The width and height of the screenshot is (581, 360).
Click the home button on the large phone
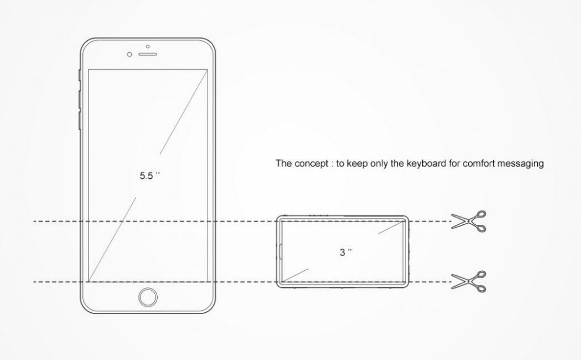(x=148, y=297)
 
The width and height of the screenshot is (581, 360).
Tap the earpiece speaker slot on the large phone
(x=148, y=54)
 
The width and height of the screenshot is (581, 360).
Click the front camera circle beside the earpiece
(x=129, y=55)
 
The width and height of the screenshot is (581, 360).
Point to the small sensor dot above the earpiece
(x=148, y=47)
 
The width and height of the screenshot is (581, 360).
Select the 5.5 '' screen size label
(x=150, y=175)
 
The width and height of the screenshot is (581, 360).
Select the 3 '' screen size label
(x=346, y=252)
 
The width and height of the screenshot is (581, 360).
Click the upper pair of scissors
(x=468, y=221)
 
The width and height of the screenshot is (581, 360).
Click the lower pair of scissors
(x=468, y=282)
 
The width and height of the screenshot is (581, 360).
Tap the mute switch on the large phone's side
(x=79, y=75)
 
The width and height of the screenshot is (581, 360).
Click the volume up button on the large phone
(x=79, y=99)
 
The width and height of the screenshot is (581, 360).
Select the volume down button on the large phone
(x=79, y=120)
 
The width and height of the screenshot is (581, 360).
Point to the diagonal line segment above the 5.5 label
(x=183, y=112)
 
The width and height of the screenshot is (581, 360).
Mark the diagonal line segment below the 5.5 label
(x=112, y=239)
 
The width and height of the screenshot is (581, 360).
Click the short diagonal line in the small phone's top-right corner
(x=390, y=227)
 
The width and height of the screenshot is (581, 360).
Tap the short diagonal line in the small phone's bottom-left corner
(x=295, y=275)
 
